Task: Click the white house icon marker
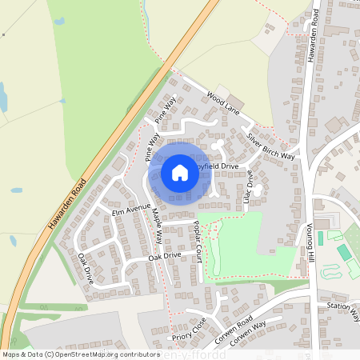coord(180,172)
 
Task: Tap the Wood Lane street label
coord(223,102)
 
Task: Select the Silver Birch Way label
coord(270,147)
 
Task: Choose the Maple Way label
coord(157,226)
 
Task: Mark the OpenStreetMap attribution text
coord(81,354)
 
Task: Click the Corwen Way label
coord(248,335)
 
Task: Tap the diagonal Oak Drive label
coord(86,268)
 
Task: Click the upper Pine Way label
coord(165,110)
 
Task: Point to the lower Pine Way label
coord(152,148)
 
